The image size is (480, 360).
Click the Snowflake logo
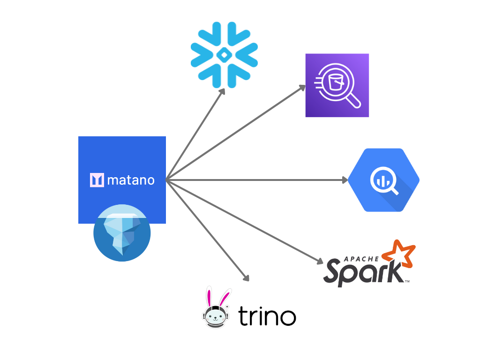tap(224, 55)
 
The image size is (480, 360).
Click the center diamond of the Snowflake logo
tap(224, 55)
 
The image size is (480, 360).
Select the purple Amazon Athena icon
tap(337, 85)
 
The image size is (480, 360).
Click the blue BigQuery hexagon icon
tap(383, 180)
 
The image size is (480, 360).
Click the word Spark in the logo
tap(363, 271)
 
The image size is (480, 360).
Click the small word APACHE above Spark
tap(361, 259)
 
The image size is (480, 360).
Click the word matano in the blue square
tap(131, 180)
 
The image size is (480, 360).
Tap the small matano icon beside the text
tap(97, 180)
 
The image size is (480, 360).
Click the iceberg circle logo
tap(122, 233)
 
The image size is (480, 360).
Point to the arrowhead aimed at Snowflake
tap(223, 90)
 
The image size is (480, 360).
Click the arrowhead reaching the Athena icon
tap(303, 87)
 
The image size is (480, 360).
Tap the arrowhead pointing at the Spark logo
tap(321, 262)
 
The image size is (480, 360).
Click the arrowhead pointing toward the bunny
tap(246, 278)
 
